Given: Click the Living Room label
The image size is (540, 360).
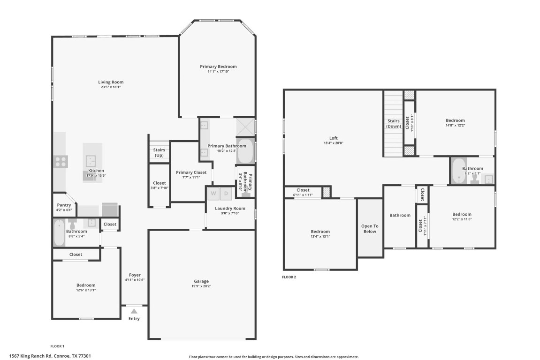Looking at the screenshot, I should tap(111, 82).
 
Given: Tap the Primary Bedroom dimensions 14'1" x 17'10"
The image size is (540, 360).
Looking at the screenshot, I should tap(218, 72).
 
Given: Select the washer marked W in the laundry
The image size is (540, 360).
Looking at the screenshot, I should tap(213, 193).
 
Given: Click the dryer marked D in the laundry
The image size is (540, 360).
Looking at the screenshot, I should tap(226, 193).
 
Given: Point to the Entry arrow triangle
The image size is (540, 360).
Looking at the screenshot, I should tap(134, 311).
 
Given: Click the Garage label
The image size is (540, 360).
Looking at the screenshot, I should tap(202, 281).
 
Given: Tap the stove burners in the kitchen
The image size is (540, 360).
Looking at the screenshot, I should tap(61, 162).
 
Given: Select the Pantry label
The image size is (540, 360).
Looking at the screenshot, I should tap(64, 205).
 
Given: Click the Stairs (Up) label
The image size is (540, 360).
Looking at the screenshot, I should tap(159, 152).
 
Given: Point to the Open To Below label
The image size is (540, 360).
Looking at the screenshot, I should tap(370, 229).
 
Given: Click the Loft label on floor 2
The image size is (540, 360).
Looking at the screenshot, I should tap(333, 138).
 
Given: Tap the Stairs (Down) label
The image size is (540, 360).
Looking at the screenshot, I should tap(393, 124).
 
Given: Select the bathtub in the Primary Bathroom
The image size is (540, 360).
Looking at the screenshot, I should tap(245, 151).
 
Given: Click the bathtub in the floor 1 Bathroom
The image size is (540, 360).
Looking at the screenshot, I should tap(59, 233).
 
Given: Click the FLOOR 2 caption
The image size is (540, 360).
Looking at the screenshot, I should tap(289, 277).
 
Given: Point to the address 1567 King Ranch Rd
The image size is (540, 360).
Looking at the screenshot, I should tap(50, 356).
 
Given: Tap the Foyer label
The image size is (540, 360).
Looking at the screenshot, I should tap(135, 275).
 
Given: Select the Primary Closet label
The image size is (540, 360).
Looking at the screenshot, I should tap(191, 172).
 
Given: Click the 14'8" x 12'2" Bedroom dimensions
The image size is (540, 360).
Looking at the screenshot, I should tap(455, 125).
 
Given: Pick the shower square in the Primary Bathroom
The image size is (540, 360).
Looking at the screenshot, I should tap(245, 126).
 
